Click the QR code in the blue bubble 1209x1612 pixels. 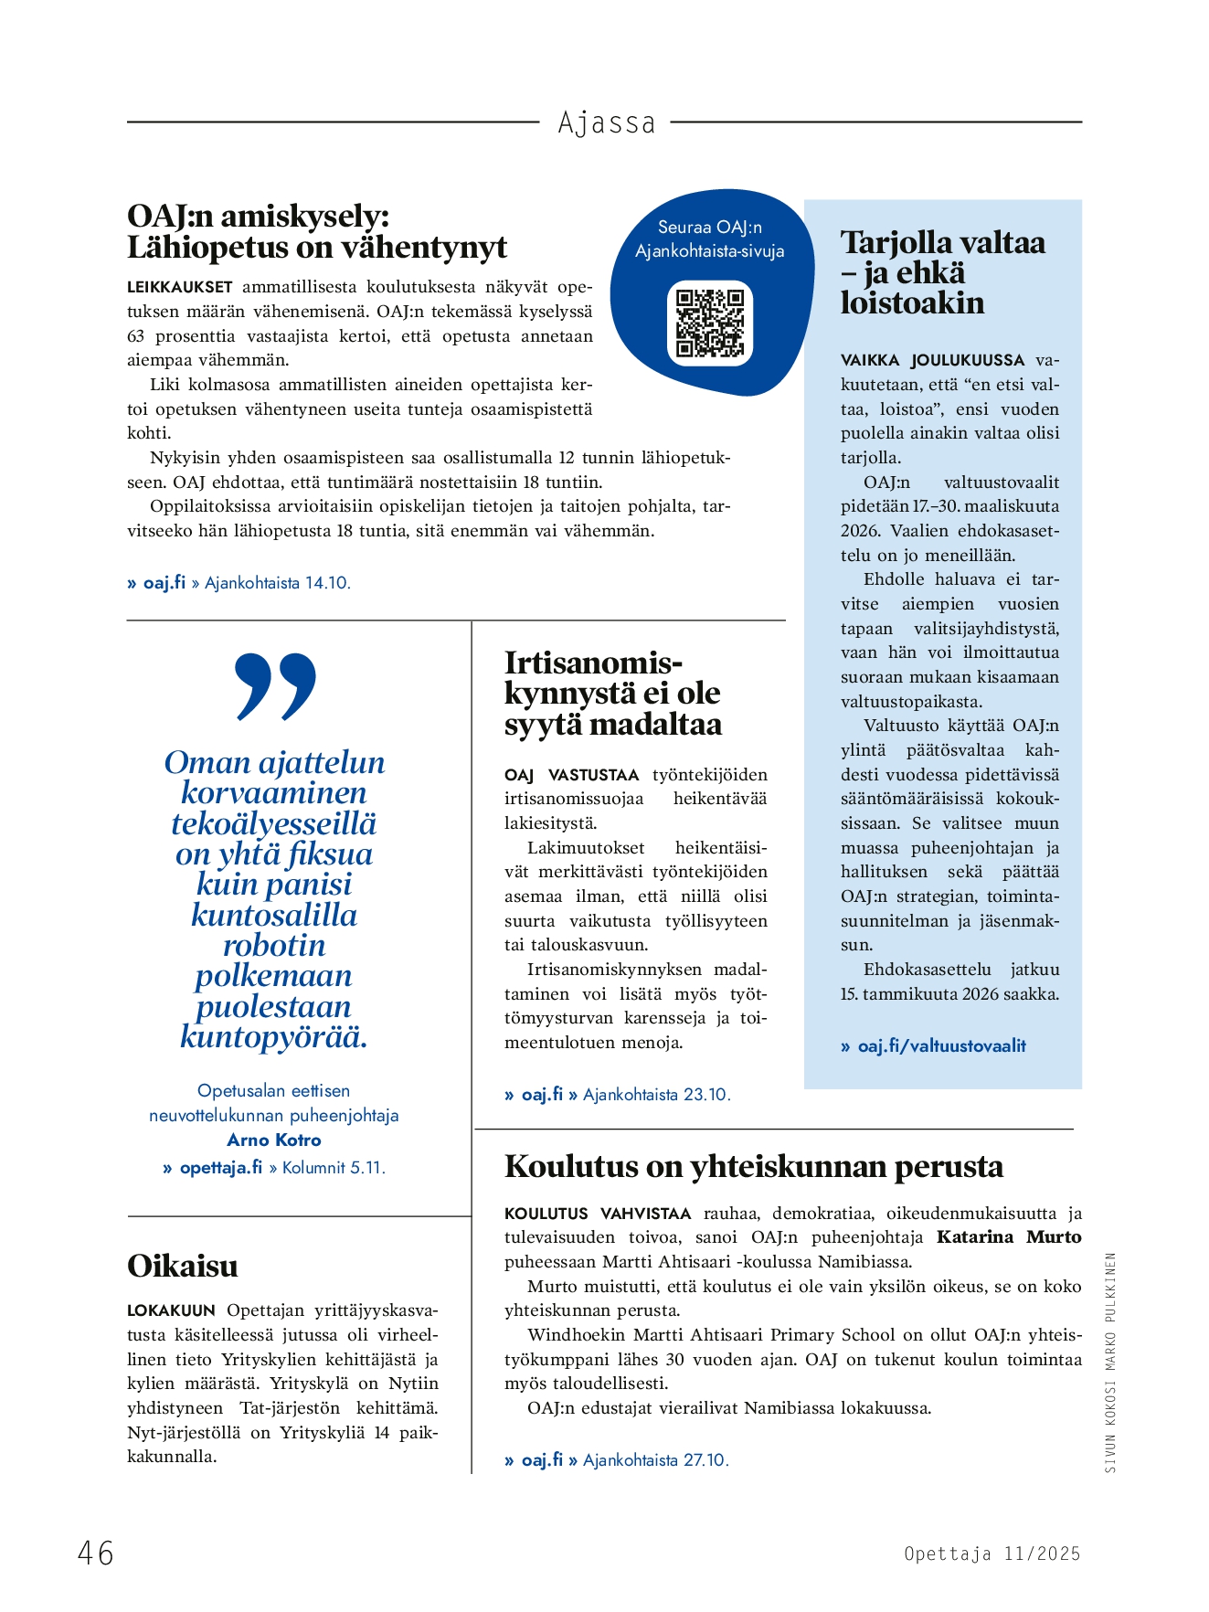coord(710,323)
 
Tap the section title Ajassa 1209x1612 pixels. coord(607,122)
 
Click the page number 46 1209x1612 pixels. coord(96,1553)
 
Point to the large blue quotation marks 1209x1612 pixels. coord(275,686)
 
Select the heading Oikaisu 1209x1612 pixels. coord(183,1266)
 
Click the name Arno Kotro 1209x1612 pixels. coord(274,1140)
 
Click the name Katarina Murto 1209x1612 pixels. coord(1009,1237)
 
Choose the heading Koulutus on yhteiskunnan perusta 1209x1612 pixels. coord(754,1166)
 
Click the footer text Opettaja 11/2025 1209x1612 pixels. coord(992,1554)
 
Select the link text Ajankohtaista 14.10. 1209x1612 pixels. coord(278,583)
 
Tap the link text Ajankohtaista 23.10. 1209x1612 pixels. coord(657,1095)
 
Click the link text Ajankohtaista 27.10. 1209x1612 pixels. coord(656,1460)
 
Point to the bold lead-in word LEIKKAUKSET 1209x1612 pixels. coord(180,287)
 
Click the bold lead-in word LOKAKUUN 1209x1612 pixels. coord(171,1310)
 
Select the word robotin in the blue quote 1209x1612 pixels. coord(274,945)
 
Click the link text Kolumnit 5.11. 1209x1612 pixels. coord(334,1168)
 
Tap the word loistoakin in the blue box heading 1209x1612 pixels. coord(912,302)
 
